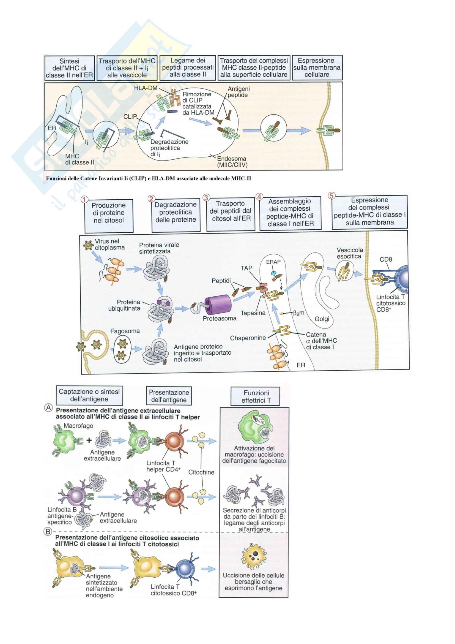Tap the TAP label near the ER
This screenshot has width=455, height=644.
point(246,268)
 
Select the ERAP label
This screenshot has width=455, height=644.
point(273,262)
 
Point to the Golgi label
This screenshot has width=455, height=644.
point(322,319)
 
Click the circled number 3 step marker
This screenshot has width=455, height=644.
point(206,198)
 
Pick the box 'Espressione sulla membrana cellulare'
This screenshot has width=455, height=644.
point(317,68)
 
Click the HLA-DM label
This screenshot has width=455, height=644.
point(146,88)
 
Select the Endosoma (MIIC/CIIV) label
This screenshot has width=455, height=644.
point(232,162)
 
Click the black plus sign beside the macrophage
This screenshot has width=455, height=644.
point(89,440)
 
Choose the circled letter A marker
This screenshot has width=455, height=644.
point(48,408)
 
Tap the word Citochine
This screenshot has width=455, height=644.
point(201,472)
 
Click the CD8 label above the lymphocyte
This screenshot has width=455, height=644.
point(386,259)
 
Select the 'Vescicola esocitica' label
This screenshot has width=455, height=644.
point(350,253)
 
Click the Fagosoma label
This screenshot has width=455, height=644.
point(125,331)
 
